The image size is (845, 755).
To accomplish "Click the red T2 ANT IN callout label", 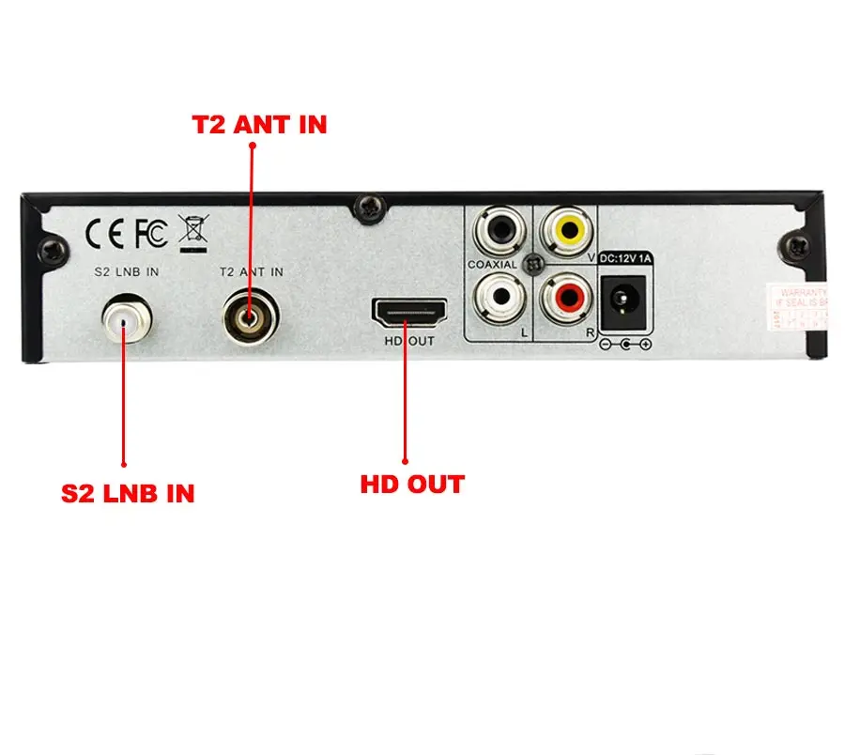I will click(x=260, y=124).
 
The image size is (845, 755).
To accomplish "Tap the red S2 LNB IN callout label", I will click(x=128, y=493).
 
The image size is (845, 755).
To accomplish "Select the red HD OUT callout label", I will click(x=412, y=485).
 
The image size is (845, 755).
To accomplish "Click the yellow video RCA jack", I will click(x=570, y=228).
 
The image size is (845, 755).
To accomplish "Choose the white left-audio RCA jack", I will click(x=499, y=298).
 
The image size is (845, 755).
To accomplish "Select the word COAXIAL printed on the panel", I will click(x=492, y=266).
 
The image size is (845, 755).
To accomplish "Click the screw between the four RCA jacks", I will click(x=534, y=265).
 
